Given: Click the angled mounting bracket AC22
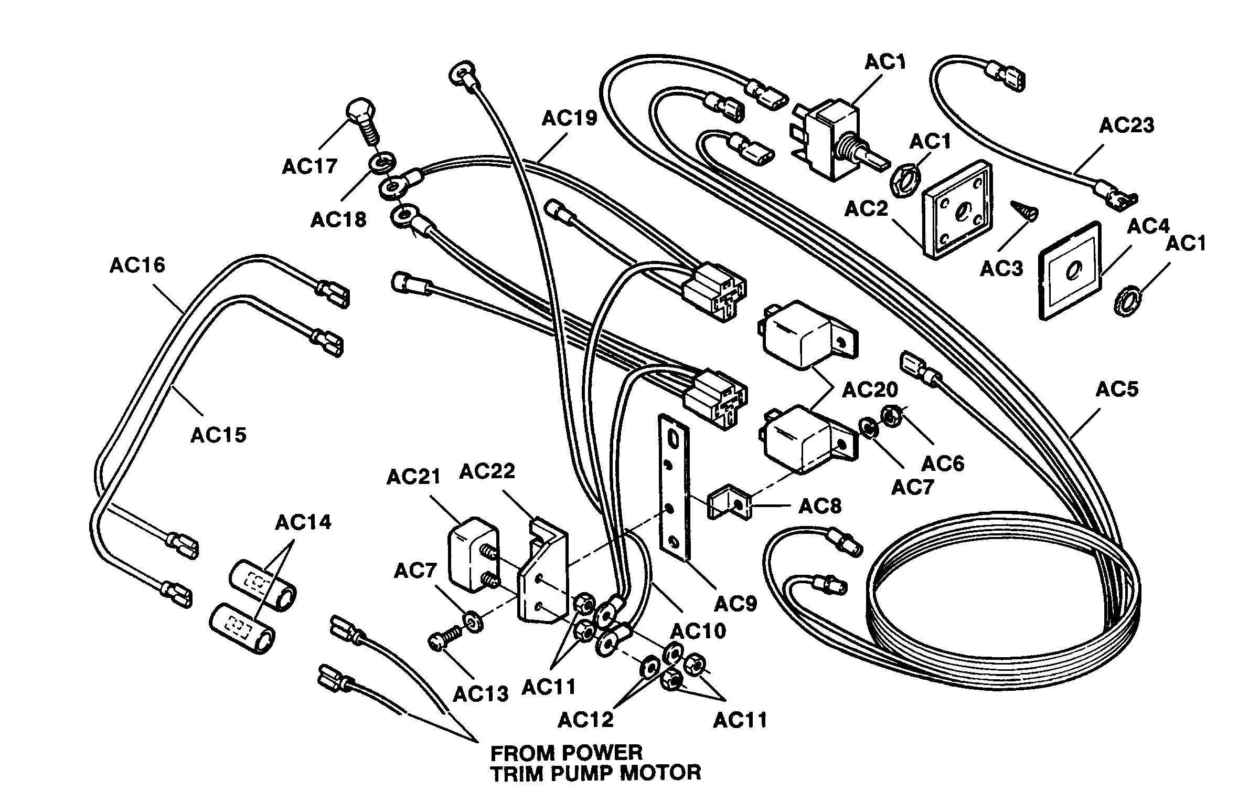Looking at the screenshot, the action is pos(543,570).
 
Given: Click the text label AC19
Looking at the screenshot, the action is pos(569,118).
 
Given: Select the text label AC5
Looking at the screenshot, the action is pos(1117,389).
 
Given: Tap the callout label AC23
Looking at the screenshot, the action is pos(1127,125).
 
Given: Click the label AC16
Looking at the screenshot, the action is pos(137,265).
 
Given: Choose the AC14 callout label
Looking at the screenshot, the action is pos(303,523).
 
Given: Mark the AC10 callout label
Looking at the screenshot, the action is pos(699,630).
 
